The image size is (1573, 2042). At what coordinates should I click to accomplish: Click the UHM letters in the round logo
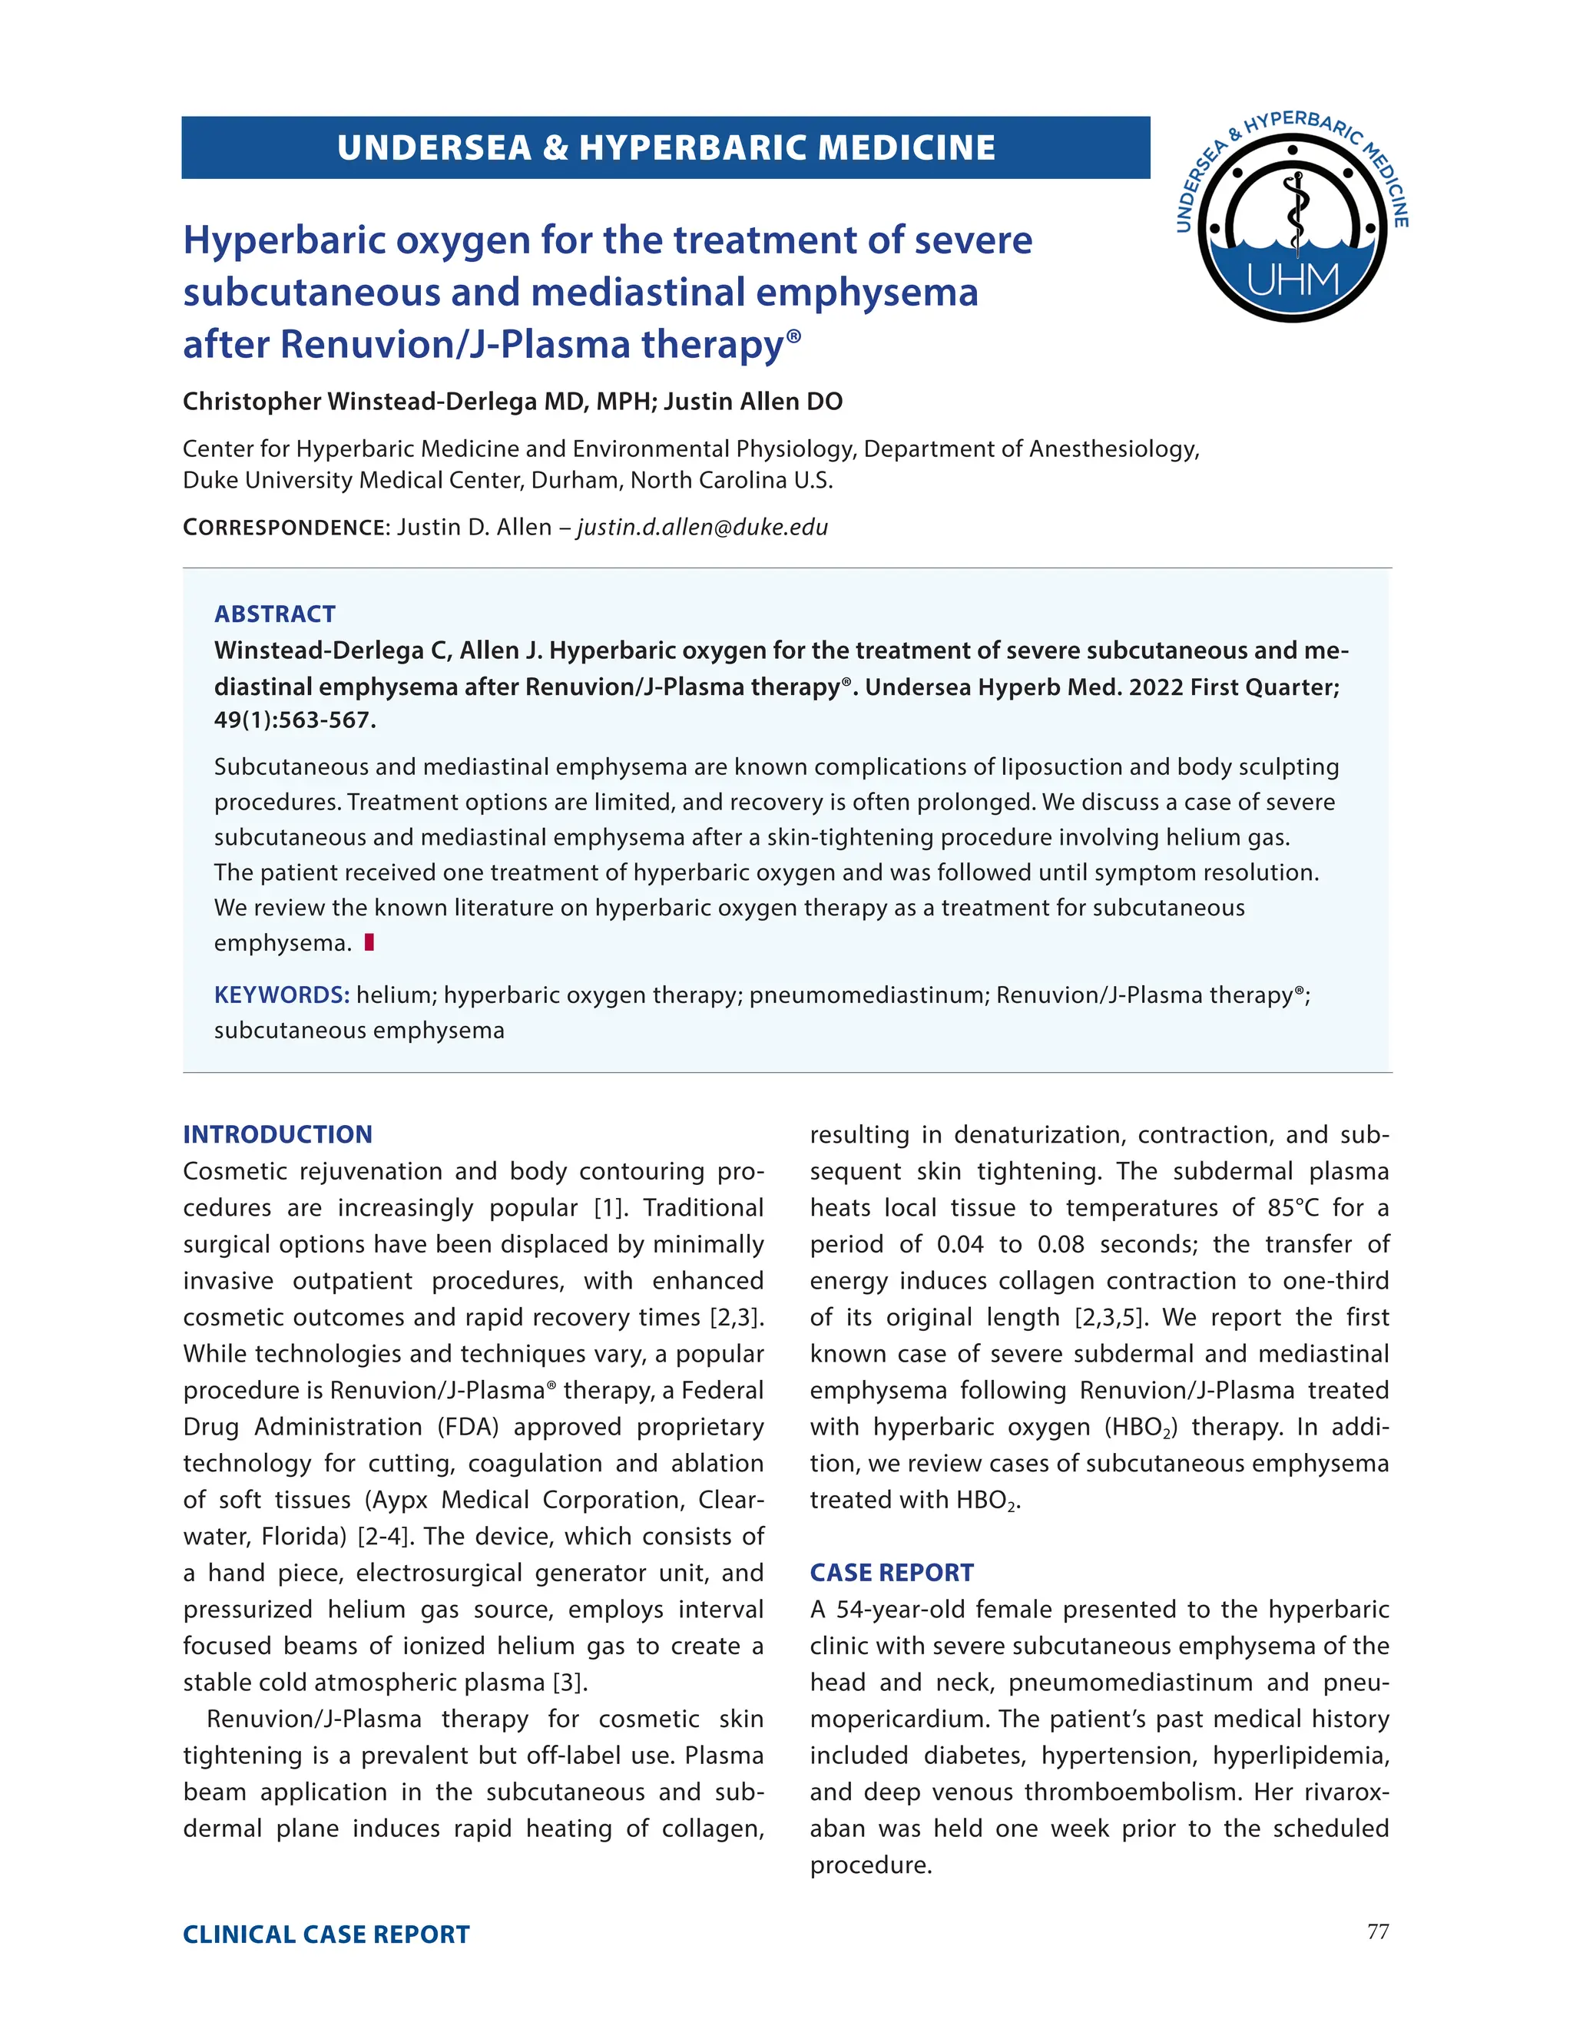pyautogui.click(x=1293, y=280)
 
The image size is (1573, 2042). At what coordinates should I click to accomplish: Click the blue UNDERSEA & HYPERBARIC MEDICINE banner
pyautogui.click(x=665, y=147)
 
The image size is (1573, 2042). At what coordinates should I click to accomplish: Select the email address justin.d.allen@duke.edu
pyautogui.click(x=702, y=528)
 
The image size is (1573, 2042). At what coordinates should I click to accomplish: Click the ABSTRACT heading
pyautogui.click(x=274, y=614)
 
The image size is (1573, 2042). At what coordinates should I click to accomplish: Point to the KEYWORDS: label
pyautogui.click(x=281, y=995)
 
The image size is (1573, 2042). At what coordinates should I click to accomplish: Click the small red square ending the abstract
pyautogui.click(x=369, y=942)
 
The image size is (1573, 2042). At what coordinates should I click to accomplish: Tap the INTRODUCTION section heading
pyautogui.click(x=278, y=1134)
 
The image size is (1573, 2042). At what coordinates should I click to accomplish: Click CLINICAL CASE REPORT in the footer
pyautogui.click(x=326, y=1934)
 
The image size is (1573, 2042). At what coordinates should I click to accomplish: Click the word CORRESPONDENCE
pyautogui.click(x=284, y=528)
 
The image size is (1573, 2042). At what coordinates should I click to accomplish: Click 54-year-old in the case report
pyautogui.click(x=899, y=1609)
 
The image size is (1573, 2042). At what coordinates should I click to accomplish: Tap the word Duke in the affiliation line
pyautogui.click(x=210, y=481)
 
